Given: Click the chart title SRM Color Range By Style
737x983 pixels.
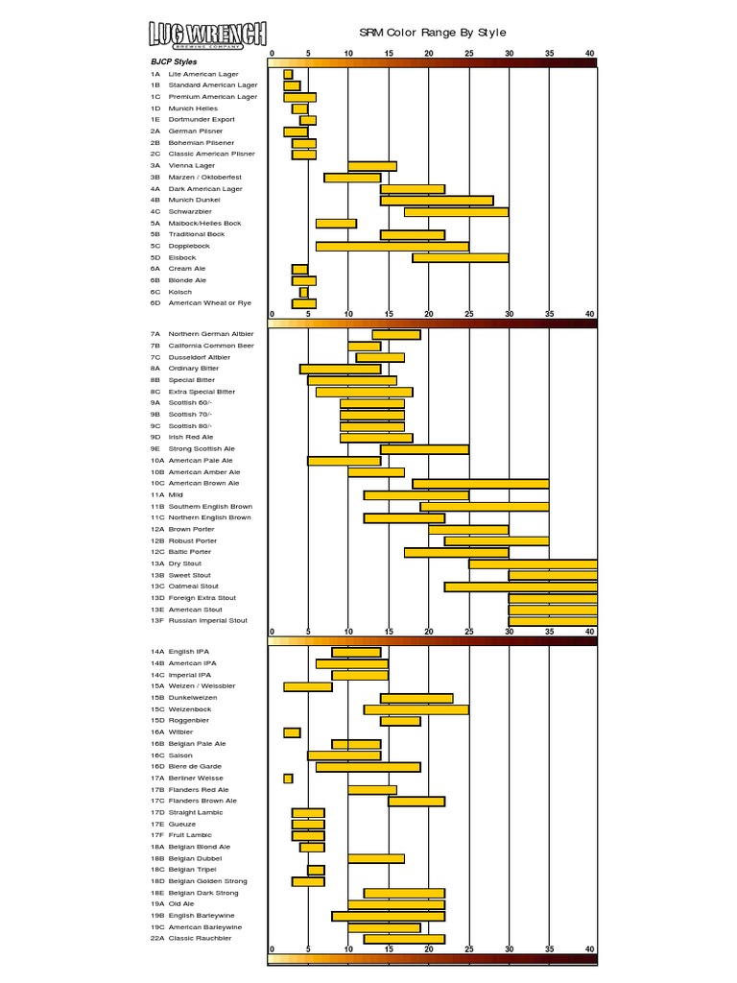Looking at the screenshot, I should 432,33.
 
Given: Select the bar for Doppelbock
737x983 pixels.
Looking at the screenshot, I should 392,247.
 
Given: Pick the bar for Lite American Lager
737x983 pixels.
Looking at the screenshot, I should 288,74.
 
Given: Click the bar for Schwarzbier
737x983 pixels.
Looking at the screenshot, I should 456,212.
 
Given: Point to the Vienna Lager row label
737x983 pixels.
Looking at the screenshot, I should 193,165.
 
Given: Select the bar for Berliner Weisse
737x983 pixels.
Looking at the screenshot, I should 288,779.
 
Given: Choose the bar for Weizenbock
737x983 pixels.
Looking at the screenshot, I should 416,709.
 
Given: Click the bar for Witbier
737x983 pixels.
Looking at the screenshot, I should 292,732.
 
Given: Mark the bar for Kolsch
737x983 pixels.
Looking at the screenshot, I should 303,292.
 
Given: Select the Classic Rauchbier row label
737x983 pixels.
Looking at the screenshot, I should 200,938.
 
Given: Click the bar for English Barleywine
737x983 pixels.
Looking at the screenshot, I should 389,916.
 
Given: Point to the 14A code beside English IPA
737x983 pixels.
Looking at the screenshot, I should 156,652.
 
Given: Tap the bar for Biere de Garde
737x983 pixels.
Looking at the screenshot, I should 368,767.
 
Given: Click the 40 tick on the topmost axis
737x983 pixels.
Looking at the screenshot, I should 589,52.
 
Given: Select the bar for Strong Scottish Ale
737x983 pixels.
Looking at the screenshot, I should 424,449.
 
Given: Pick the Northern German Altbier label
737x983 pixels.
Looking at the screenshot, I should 204,334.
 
